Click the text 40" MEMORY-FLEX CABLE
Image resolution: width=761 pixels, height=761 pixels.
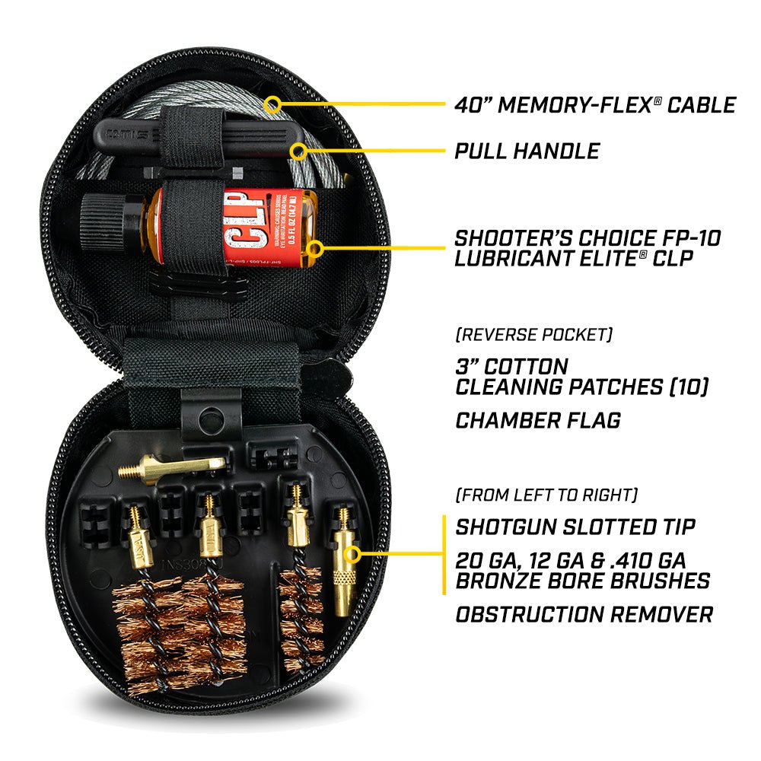595,104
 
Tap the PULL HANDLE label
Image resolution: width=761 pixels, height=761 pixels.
527,150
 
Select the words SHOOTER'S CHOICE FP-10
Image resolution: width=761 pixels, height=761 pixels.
587,237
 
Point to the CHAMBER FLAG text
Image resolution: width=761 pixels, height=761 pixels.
537,419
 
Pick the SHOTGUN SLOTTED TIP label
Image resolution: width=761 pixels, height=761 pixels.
575,527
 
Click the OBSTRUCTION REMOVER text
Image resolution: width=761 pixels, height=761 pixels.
584,613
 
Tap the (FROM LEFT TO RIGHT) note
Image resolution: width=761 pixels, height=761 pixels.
546,495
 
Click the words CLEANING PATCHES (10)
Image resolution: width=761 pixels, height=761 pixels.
581,387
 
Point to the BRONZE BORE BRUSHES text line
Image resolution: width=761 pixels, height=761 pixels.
582,581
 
